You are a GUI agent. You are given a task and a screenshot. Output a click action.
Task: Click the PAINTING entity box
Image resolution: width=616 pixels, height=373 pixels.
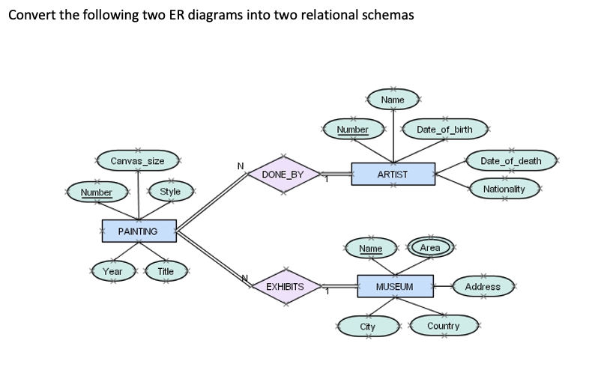coord(139,231)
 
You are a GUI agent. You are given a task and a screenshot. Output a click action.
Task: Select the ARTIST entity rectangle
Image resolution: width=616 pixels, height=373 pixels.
coord(393,174)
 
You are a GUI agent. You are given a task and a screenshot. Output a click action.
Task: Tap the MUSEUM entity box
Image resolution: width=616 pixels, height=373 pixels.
coord(395,287)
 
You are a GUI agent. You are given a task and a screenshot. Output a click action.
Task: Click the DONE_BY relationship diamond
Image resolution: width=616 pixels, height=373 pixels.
coord(283,175)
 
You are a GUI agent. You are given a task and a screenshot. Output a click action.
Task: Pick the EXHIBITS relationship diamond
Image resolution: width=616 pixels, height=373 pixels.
coord(285,287)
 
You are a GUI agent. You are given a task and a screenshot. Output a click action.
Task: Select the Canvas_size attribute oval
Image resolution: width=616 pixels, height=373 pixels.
coord(137,161)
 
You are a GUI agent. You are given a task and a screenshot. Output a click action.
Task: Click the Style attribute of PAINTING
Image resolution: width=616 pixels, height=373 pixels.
coord(171,192)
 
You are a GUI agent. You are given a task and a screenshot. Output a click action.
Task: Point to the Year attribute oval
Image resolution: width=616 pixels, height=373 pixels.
coord(113,271)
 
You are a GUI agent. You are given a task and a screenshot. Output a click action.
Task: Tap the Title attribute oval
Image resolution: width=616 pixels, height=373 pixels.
coord(166,271)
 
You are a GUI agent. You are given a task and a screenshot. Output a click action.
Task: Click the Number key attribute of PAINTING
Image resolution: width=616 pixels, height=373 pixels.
coord(96,192)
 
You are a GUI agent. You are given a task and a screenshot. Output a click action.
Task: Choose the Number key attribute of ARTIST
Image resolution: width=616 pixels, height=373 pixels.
coord(353,130)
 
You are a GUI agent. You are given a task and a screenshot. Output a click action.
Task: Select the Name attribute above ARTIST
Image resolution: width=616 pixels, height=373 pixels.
coord(393,100)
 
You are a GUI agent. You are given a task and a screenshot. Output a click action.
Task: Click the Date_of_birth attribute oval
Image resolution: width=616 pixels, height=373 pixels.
coord(445,130)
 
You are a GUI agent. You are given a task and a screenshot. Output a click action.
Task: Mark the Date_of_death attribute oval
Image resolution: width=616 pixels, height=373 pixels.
coord(510,161)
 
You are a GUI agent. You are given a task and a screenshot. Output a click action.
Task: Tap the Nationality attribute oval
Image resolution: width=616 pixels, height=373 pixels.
coord(504,189)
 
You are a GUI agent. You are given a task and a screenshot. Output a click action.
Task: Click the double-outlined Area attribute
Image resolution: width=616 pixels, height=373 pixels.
coord(430,247)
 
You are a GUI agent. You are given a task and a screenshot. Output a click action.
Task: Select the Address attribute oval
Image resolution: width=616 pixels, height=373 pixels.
coord(483,286)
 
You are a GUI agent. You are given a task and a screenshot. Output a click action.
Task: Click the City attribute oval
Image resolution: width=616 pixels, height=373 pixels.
coord(368,327)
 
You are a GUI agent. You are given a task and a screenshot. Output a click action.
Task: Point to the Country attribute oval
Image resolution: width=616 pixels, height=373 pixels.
coord(443,327)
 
